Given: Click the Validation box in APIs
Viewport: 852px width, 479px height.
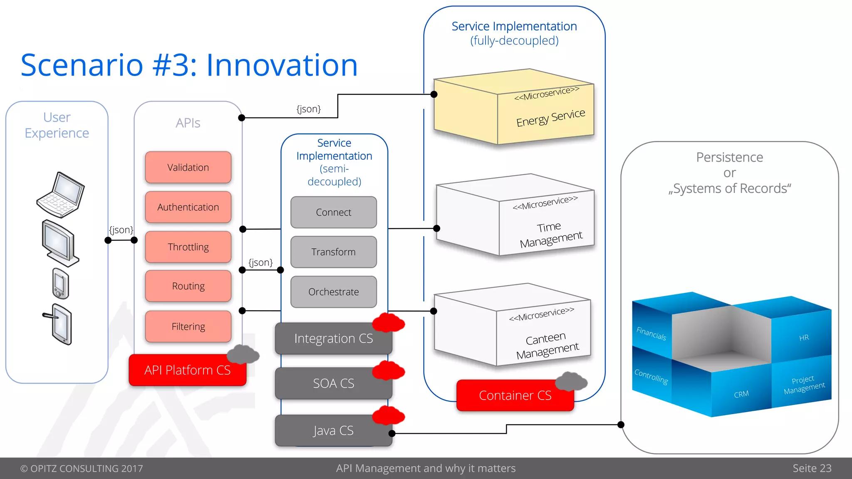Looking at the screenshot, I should click(188, 167).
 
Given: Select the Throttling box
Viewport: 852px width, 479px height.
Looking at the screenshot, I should click(188, 247).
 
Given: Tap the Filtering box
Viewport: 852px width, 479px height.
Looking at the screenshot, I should click(188, 326).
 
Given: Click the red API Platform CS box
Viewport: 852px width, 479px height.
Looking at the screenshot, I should click(187, 370).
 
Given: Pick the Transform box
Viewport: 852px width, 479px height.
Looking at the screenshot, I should click(333, 252).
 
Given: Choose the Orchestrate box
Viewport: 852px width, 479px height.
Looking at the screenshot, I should click(333, 292).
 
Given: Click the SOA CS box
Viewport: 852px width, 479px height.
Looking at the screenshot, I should click(333, 383).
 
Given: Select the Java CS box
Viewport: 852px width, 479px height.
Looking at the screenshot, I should click(333, 431).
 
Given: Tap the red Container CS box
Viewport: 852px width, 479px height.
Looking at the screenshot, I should click(515, 395).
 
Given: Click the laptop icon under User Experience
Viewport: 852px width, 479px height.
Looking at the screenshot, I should click(61, 195).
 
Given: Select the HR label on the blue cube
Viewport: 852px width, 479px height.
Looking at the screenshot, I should click(804, 338).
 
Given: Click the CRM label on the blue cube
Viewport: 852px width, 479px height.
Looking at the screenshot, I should click(741, 394).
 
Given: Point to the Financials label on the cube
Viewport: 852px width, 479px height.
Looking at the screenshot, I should click(651, 333).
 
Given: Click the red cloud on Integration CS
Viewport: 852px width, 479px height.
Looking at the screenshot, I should click(388, 323).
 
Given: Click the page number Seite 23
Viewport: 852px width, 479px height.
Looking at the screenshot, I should click(812, 468).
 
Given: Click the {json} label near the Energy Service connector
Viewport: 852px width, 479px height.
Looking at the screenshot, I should click(308, 109).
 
